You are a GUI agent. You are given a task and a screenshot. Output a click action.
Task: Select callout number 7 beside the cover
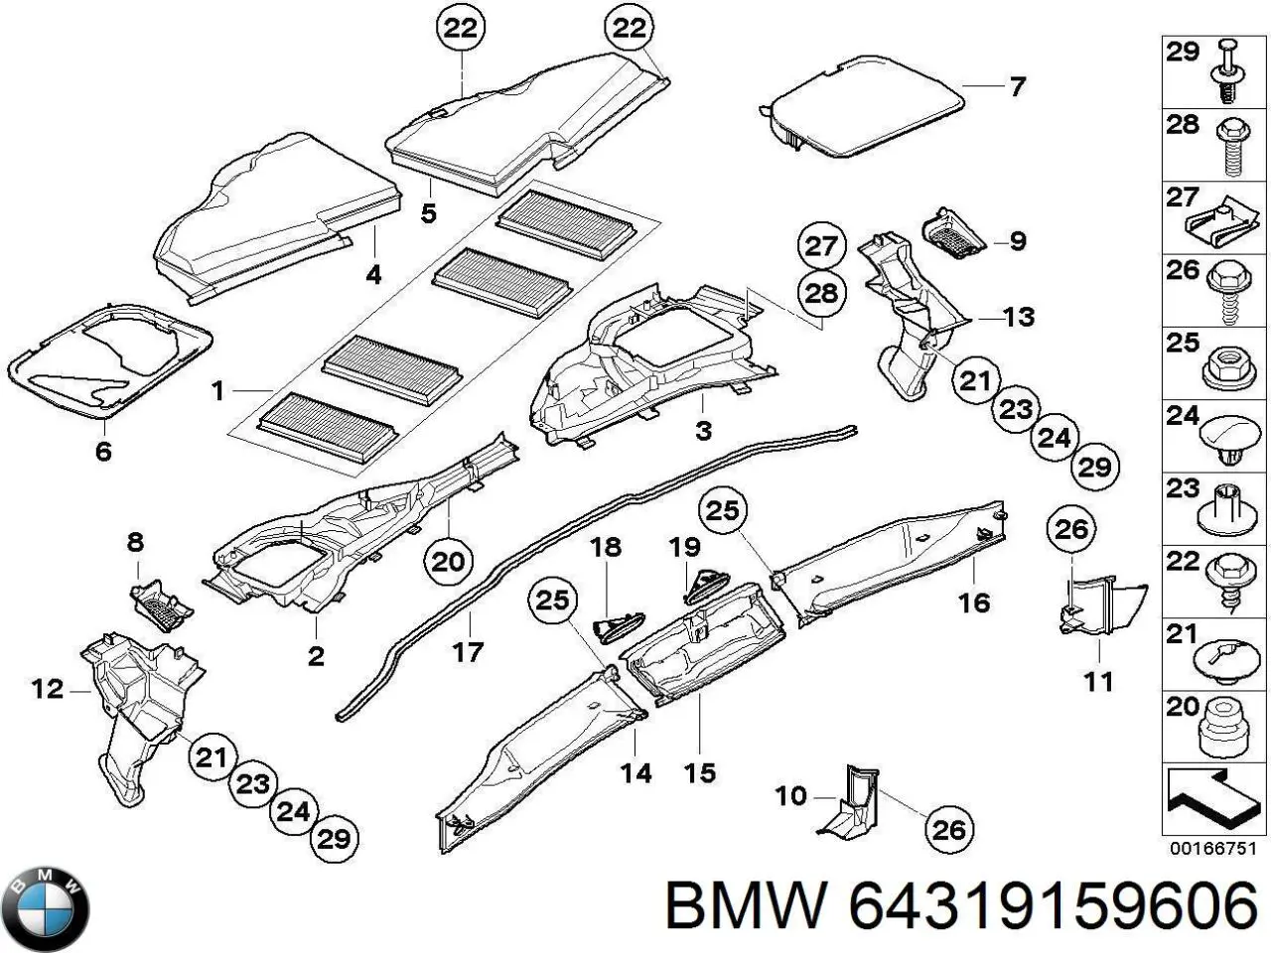pos(1017,87)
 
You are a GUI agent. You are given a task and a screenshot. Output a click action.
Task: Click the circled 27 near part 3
pos(822,246)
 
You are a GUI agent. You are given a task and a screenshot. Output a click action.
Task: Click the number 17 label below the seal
pos(467,652)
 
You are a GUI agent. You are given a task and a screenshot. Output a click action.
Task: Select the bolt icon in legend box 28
pos(1229,149)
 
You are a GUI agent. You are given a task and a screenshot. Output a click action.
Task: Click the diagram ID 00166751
pos(1213,849)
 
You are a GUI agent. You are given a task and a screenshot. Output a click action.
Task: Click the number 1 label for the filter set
pos(218,391)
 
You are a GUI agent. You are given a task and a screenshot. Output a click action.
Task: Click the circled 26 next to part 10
pos(948,828)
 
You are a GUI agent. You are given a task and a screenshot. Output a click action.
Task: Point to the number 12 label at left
pos(47,688)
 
